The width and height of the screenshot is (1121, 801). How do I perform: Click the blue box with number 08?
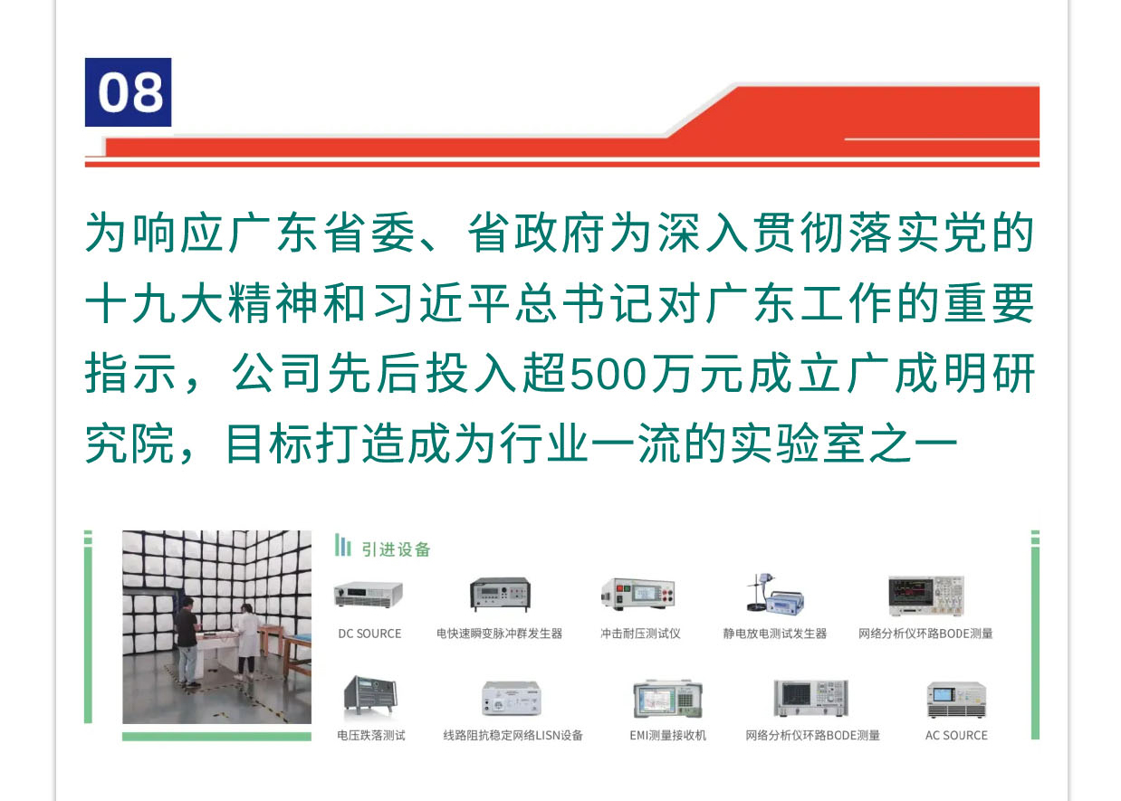coord(128,92)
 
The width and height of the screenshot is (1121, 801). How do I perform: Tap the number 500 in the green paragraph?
coord(608,374)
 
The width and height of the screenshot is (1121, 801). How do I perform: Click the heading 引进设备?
coord(396,549)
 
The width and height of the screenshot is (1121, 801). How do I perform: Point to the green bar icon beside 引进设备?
coord(343,545)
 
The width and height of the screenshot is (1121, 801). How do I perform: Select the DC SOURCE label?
coord(369,634)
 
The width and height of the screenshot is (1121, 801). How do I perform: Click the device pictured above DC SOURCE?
coord(369,595)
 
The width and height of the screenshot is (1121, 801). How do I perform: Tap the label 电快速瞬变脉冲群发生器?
coord(500,634)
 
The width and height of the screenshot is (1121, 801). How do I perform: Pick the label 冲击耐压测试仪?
coord(640,634)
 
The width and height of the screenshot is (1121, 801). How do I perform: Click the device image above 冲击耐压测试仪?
coord(638,594)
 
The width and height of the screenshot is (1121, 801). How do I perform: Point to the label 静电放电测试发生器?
coord(775,634)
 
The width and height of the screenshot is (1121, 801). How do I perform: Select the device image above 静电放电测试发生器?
coord(775,594)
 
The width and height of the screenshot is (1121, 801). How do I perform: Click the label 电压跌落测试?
coord(371,736)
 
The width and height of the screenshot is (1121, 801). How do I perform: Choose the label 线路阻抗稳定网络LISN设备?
coord(513,736)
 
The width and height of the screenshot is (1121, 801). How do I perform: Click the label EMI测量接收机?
coord(667,736)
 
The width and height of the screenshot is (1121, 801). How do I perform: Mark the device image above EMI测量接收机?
coord(667,699)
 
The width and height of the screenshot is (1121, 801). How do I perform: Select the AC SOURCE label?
coord(956,736)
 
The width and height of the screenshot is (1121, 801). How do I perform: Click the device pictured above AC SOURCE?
coord(956,700)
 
